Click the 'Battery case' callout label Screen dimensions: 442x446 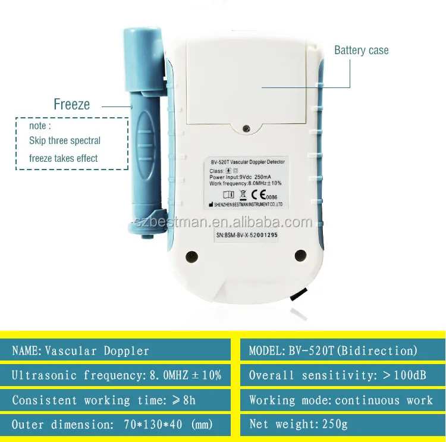(x=361, y=50)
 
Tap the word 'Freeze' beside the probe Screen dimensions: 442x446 (x=71, y=105)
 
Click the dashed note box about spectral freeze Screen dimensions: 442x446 (x=72, y=143)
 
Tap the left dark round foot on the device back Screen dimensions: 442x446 (x=191, y=256)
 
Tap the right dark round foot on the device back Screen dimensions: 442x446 (x=300, y=256)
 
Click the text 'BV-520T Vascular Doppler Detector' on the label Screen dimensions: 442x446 (x=247, y=161)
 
